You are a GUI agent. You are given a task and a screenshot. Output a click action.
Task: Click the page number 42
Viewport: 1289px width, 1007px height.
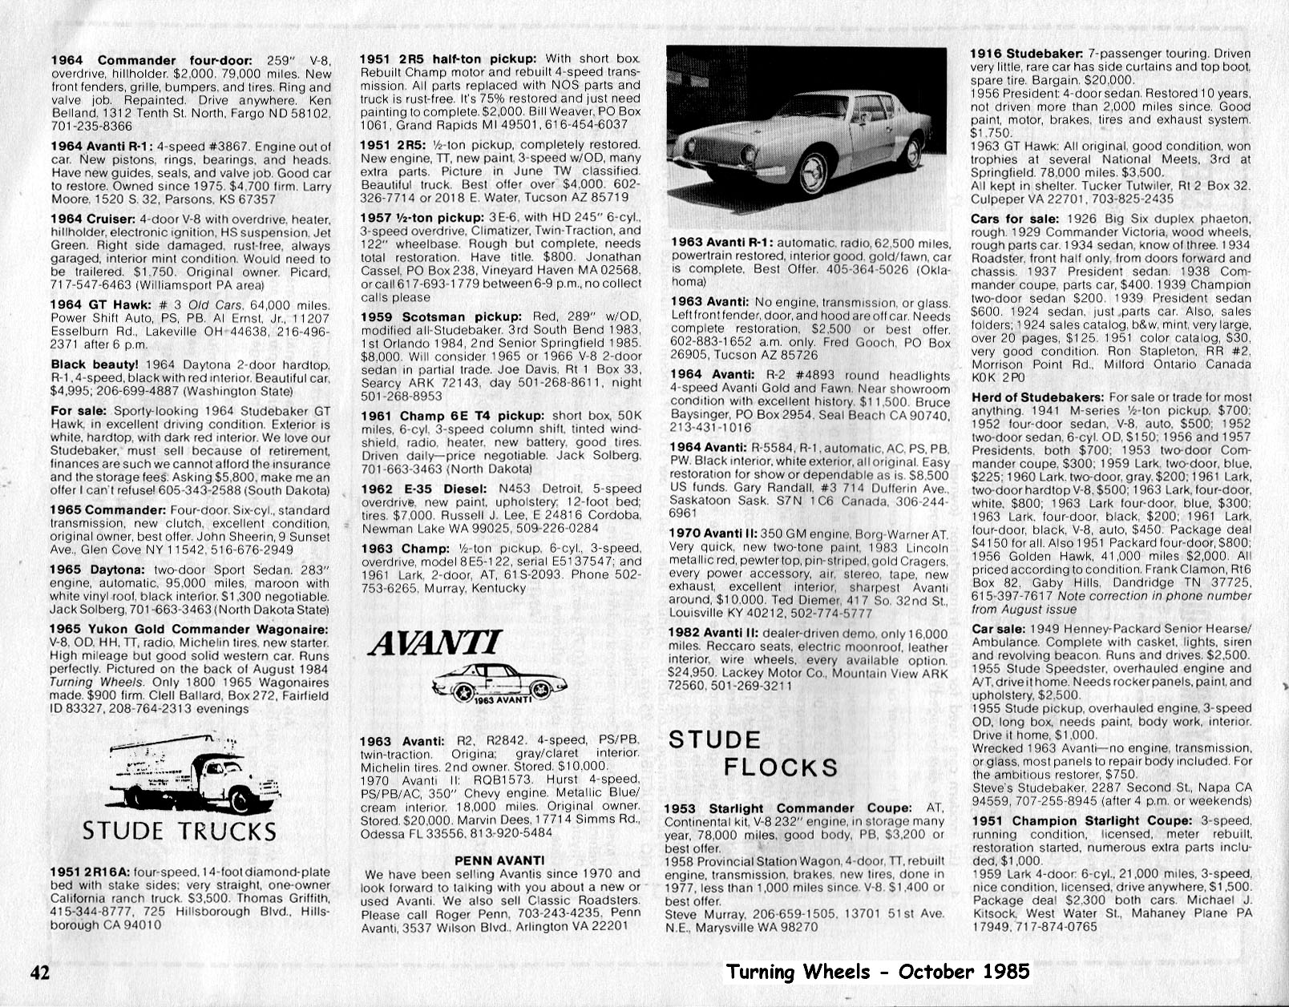(x=40, y=973)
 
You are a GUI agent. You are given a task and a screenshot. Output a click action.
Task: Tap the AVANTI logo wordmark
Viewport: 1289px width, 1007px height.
(x=435, y=643)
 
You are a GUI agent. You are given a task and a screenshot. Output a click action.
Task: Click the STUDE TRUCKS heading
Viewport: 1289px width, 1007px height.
(x=180, y=831)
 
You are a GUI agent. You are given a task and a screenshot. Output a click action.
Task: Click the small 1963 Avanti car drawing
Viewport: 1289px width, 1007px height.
(x=499, y=683)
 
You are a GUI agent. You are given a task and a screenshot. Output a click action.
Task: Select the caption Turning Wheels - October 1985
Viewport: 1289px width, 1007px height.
(x=877, y=972)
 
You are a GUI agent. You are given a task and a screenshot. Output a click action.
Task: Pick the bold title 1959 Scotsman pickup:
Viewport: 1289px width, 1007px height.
(x=441, y=317)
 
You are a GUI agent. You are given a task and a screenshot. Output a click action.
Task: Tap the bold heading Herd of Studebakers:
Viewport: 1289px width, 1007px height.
(x=1037, y=397)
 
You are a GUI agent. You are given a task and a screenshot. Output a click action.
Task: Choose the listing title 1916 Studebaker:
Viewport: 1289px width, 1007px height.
(x=1027, y=54)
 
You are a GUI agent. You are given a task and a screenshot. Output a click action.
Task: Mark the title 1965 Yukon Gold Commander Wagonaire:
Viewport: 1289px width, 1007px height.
(x=189, y=630)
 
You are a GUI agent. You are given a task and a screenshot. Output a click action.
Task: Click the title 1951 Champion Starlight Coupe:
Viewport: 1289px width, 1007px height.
(x=1081, y=821)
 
